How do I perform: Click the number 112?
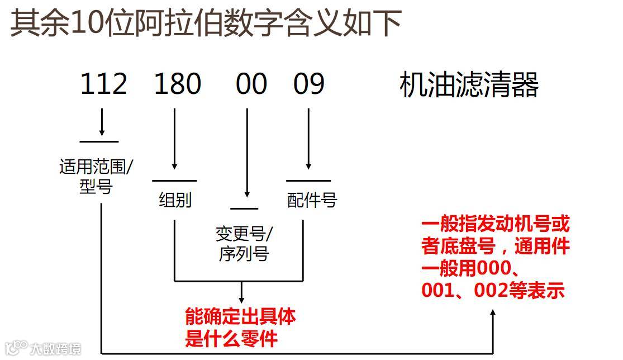(104, 84)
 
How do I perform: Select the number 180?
(178, 84)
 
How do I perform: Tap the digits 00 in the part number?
(251, 84)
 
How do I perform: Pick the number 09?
(308, 84)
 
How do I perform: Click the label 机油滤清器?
(469, 86)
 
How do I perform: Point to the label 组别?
(175, 200)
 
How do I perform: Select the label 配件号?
(312, 200)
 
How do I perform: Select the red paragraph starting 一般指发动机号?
(496, 258)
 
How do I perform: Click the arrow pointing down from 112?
(102, 122)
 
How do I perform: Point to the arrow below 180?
(175, 140)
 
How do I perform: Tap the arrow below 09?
(308, 140)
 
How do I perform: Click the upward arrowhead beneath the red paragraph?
(493, 316)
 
